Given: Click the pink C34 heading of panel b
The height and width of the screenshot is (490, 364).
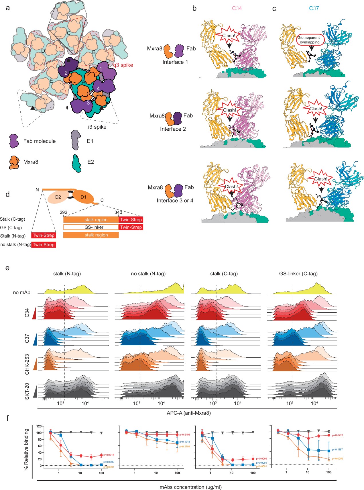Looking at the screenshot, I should [237, 8].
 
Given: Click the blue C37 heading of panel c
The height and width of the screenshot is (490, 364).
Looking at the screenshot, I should [314, 8].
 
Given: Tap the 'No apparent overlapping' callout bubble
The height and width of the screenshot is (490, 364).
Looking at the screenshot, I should [310, 40].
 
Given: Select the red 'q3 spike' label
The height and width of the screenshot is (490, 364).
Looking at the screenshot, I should [123, 65].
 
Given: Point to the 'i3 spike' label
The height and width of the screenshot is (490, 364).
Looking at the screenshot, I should [97, 127].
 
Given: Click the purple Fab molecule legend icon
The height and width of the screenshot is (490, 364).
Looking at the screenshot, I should [13, 141].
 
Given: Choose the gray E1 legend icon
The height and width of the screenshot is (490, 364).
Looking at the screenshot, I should [76, 140].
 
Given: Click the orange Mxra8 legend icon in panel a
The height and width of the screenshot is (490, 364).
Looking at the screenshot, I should [14, 162].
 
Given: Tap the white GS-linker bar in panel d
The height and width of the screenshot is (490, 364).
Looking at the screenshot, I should [91, 227].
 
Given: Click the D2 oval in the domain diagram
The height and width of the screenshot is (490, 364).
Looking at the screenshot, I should [58, 197].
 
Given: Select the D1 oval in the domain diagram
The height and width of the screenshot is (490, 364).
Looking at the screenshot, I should [83, 197].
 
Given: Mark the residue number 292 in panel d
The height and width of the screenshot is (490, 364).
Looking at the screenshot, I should [64, 212].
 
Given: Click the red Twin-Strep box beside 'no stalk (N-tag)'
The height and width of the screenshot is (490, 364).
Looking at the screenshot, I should [44, 245].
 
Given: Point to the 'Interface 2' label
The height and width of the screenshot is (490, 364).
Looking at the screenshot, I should [173, 129].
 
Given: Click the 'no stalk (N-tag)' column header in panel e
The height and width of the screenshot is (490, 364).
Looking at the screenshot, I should [148, 274].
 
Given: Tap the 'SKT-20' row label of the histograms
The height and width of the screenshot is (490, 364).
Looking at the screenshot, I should [27, 391].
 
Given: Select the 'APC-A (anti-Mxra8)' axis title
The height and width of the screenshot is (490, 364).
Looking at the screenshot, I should [189, 413].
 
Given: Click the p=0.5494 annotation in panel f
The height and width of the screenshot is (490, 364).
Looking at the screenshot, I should [185, 435].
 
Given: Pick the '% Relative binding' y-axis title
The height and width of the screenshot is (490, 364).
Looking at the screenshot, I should [26, 449].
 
